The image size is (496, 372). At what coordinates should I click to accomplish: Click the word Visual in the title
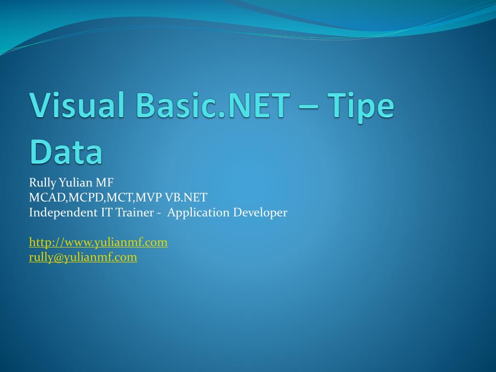pyautogui.click(x=77, y=105)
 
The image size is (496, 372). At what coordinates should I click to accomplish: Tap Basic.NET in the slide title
pyautogui.click(x=214, y=105)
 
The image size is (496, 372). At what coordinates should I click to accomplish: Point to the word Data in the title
pyautogui.click(x=66, y=151)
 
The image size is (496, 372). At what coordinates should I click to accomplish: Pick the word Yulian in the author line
pyautogui.click(x=74, y=183)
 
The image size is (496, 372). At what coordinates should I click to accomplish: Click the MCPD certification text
pyautogui.click(x=86, y=198)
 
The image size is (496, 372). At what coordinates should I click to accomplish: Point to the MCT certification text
pyautogui.click(x=120, y=198)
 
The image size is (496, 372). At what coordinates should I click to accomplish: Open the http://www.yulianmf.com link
pyautogui.click(x=98, y=243)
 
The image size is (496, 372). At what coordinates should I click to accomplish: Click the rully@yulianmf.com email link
pyautogui.click(x=83, y=258)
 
